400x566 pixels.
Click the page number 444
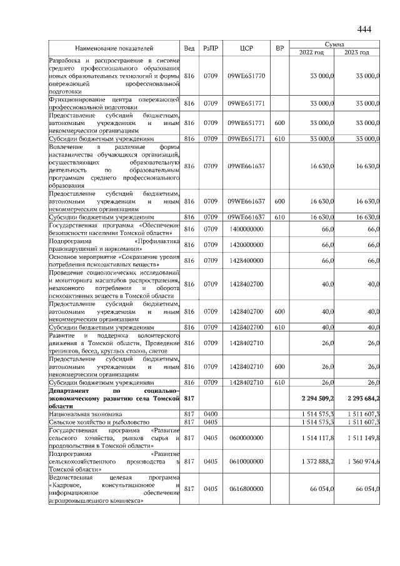[364, 29]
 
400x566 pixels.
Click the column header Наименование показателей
[114, 48]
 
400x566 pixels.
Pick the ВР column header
[280, 48]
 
